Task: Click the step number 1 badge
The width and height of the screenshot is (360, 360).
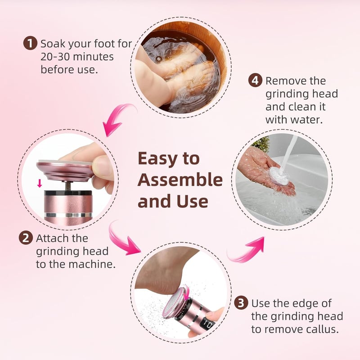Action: (x=30, y=43)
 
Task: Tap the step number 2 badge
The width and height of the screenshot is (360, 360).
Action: (x=26, y=238)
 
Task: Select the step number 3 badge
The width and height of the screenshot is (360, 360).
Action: (x=241, y=302)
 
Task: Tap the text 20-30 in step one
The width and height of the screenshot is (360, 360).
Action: (x=55, y=57)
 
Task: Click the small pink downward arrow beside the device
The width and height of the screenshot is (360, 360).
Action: (x=40, y=183)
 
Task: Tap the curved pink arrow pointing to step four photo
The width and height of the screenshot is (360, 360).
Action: (x=246, y=250)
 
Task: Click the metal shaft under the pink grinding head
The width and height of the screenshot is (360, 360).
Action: (x=68, y=186)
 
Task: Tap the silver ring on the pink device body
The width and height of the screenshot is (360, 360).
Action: (x=68, y=215)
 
